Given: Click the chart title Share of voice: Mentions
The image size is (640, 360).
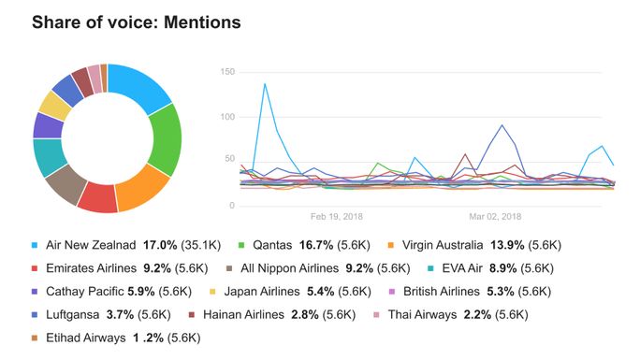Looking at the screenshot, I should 136,22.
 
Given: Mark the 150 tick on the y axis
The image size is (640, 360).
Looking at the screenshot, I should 225,72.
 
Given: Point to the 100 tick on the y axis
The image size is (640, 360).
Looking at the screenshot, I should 225,117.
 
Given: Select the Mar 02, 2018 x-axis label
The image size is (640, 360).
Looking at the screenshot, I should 495,216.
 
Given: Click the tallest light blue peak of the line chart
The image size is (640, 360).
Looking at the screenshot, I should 265,84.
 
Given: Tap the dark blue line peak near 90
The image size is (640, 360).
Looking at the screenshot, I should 502,125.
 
